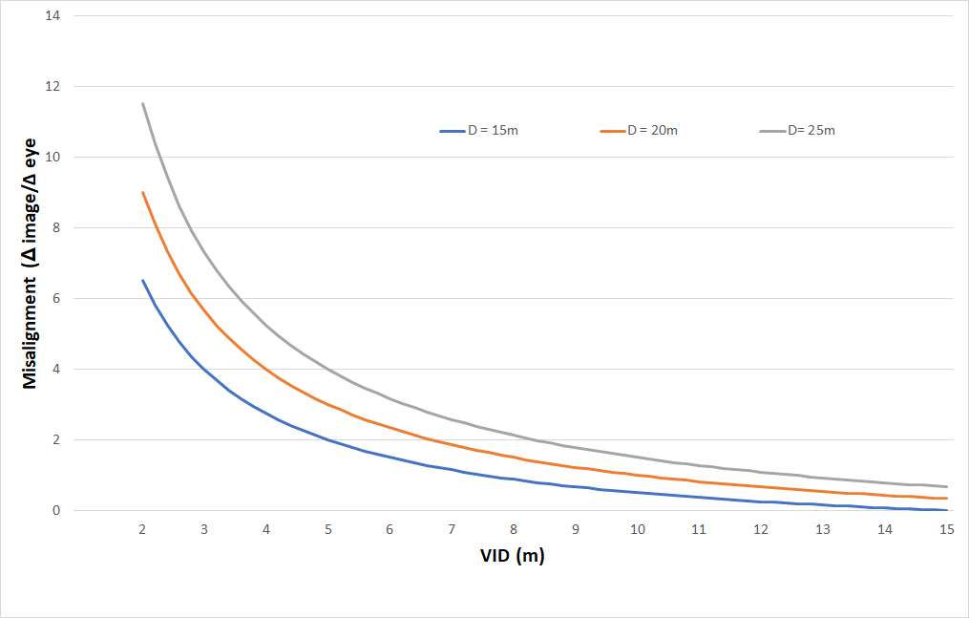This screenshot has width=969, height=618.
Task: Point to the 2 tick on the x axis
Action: coord(142,530)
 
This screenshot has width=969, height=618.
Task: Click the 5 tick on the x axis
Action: coord(327,530)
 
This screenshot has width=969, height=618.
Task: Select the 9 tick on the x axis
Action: coord(576,530)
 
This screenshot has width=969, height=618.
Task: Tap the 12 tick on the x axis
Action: coord(761,530)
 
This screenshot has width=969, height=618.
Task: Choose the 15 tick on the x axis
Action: coord(947,530)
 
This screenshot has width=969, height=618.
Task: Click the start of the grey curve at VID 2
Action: coord(142,103)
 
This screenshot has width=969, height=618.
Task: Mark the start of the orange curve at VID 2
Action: coord(142,192)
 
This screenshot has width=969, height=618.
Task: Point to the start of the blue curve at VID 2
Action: coord(142,280)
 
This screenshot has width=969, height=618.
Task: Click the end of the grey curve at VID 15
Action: coord(947,486)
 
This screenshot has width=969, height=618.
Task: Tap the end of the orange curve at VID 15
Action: coord(947,498)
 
